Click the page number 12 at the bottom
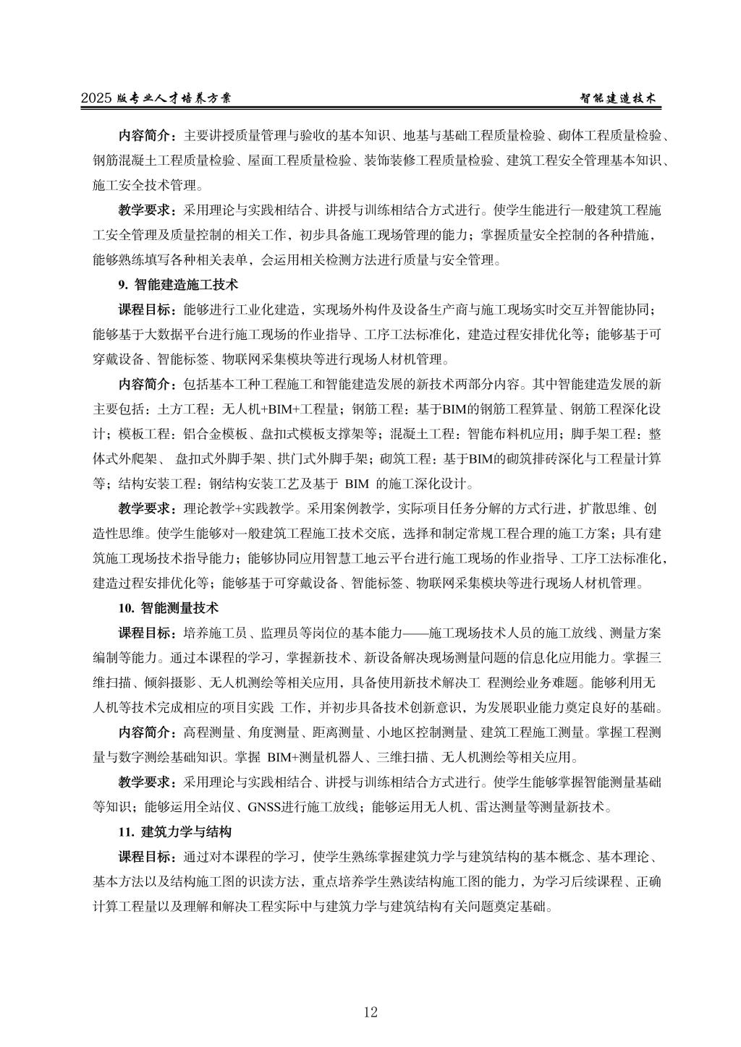coord(370,1012)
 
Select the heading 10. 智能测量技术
coord(169,607)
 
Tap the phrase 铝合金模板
coord(203,434)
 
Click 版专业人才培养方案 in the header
coord(174,98)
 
